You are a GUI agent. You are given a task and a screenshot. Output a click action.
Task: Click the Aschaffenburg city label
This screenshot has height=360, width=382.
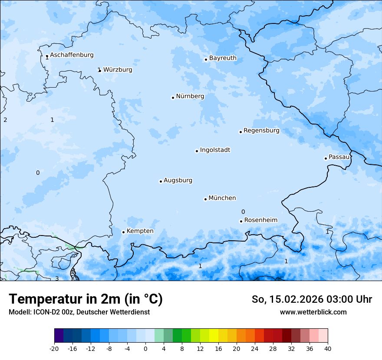click(72, 55)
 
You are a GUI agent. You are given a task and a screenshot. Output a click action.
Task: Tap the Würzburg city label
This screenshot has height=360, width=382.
click(118, 70)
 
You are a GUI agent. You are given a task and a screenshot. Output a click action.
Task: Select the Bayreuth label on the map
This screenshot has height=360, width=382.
click(223, 58)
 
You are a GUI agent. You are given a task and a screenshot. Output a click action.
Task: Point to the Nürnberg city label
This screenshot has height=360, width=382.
click(190, 96)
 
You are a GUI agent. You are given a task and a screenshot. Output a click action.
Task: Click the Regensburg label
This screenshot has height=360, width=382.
click(261, 131)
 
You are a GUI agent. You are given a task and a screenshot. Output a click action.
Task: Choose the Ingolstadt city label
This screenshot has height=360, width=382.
click(215, 150)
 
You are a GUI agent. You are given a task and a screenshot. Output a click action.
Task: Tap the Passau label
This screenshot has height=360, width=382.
click(339, 157)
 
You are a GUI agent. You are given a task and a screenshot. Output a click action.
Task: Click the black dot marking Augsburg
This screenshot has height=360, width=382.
click(161, 181)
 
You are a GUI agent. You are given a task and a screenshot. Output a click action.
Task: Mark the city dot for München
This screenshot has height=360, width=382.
click(205, 199)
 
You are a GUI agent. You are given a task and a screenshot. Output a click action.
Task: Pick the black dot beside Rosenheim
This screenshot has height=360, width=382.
click(241, 221)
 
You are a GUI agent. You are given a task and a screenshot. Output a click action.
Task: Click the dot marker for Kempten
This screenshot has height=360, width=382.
click(123, 232)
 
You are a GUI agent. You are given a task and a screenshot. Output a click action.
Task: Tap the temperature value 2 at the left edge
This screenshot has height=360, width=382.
click(5, 120)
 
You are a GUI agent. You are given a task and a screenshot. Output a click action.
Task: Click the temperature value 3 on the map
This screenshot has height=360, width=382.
click(56, 278)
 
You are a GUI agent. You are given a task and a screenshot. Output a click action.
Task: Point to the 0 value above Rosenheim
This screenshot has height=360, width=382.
click(243, 212)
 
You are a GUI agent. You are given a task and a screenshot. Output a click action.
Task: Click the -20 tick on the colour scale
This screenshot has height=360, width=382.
click(54, 349)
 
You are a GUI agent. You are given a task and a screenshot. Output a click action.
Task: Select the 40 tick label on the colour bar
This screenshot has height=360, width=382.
click(327, 349)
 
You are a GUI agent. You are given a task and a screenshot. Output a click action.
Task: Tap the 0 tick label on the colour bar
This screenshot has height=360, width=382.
click(145, 349)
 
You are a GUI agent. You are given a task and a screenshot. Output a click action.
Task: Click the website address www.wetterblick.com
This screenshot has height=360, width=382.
click(313, 312)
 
